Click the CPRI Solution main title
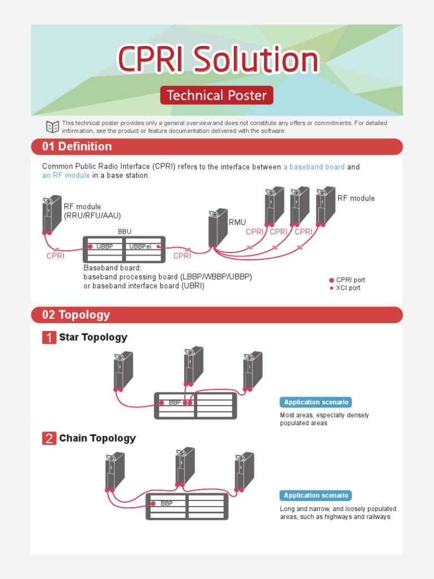[218, 59]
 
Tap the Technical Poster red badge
[216, 95]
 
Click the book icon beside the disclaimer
[52, 127]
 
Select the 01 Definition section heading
[77, 146]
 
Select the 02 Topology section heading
[76, 315]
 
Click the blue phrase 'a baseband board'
[314, 167]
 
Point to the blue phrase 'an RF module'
[66, 175]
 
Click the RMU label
[237, 223]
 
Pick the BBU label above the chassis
[124, 232]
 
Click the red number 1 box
[49, 338]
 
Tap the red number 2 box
[49, 438]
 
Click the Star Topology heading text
[93, 338]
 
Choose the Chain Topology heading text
[97, 438]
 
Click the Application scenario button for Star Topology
[315, 403]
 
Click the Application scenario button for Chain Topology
[315, 495]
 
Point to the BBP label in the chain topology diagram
[166, 503]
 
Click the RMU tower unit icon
[218, 227]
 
